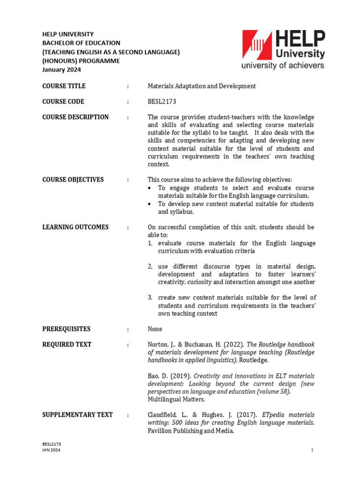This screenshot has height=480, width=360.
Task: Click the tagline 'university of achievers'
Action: pos(283,66)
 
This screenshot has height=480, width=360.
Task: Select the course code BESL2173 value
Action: pos(162,102)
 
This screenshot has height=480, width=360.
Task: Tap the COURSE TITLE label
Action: pos(64,86)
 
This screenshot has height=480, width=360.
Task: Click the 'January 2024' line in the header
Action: pos(61,70)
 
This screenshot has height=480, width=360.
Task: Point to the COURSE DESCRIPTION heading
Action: pos(75,117)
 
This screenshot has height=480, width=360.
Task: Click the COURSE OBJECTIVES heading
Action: pos(73,180)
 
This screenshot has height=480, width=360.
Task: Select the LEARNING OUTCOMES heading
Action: pos(75,227)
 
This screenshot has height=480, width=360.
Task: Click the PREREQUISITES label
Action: pos(66,329)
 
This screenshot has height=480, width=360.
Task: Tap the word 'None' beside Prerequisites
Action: pos(155,329)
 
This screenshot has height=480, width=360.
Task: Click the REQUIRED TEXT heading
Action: pos(67,345)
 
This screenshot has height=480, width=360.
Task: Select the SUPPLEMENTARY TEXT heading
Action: pos(77,415)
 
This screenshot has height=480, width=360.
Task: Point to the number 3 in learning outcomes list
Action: pos(150,298)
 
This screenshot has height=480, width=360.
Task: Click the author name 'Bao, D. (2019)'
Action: pos(169,376)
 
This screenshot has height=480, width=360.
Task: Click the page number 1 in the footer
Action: pos(312,450)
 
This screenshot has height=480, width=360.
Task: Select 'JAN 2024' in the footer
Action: pos(51,450)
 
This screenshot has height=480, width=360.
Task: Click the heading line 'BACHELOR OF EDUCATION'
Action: pos(81,43)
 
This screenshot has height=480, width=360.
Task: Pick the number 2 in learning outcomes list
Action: pos(150,266)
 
